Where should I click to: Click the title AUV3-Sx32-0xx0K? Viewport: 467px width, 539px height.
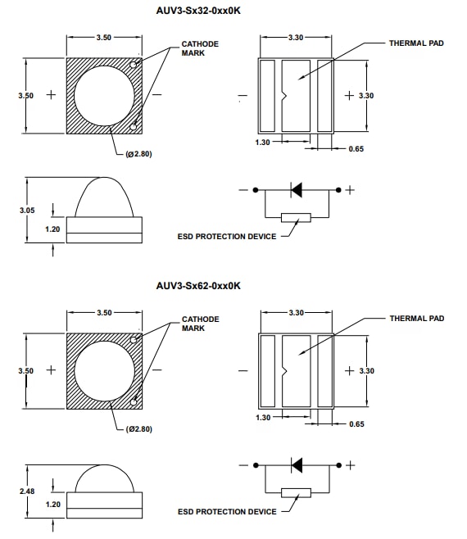pos(198,11)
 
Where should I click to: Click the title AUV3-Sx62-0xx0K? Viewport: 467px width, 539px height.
pos(198,286)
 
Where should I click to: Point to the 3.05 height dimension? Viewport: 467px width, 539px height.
pos(27,211)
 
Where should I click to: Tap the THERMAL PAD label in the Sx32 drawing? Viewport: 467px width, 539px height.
pos(416,43)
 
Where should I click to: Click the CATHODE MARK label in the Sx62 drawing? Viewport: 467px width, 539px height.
pos(200,323)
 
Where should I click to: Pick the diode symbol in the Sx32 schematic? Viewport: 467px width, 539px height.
pos(297,190)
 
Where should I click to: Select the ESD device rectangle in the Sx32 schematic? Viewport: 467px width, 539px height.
pos(296,217)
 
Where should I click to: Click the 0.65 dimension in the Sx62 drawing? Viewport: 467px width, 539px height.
pos(356,423)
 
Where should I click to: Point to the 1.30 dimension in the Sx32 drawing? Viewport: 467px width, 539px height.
pos(263,143)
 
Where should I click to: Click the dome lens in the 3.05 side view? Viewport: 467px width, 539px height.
pos(104,198)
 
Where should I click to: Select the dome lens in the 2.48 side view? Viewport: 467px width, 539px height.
pos(104,479)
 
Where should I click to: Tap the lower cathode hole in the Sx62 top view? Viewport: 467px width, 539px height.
pos(135,402)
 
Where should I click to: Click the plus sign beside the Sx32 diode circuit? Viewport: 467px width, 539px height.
pos(350,190)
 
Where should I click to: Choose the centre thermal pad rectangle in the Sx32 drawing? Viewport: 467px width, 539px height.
pos(296,96)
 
